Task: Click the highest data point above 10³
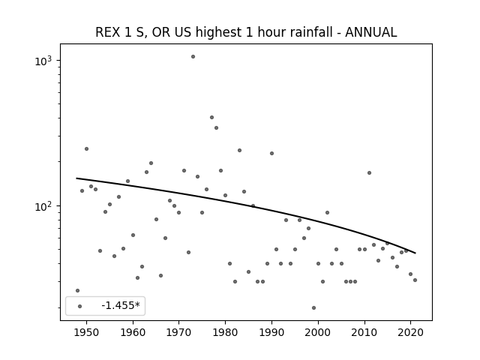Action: pos(193,57)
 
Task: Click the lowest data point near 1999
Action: pos(313,308)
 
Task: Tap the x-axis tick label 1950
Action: pos(87,332)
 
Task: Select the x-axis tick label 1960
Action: pos(133,332)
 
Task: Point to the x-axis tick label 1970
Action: pos(179,332)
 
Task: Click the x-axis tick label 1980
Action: pos(225,332)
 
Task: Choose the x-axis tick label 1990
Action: pos(271,332)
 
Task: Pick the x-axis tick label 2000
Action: pos(318,332)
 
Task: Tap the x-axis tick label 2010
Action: pos(364,332)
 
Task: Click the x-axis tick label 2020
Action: pos(410,332)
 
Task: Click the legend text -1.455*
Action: pos(121,305)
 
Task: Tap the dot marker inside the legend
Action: pos(80,306)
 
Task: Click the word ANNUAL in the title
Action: pos(371,32)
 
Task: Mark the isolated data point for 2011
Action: pos(369,173)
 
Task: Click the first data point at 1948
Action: pos(77,290)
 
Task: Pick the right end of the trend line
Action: pos(415,253)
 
